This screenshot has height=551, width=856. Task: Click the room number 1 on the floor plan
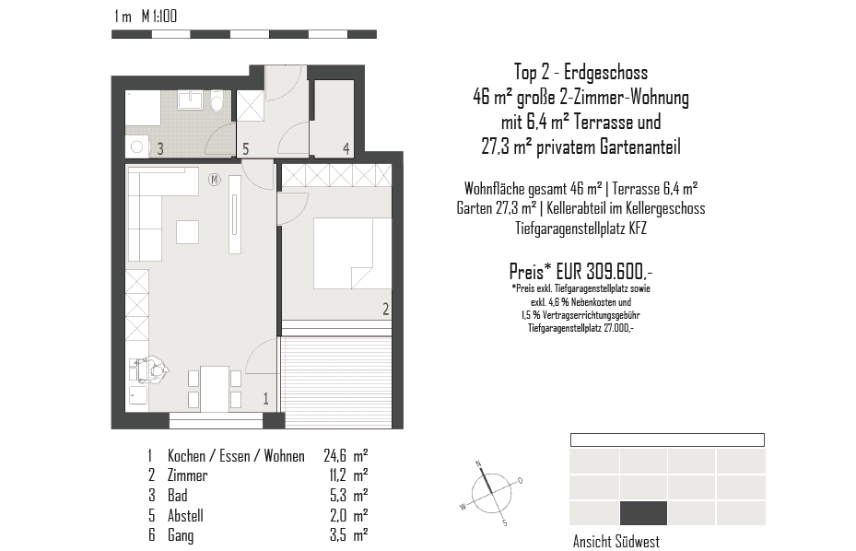tap(266, 399)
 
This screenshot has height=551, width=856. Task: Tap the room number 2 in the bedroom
tap(385, 309)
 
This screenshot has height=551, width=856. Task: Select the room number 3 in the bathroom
tap(159, 147)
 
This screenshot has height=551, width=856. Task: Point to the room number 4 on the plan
tap(346, 147)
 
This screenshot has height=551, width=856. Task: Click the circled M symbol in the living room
tap(214, 179)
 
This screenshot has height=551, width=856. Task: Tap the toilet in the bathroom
tap(217, 100)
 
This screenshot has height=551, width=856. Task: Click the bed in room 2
tap(344, 253)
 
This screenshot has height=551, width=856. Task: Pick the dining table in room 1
tap(215, 388)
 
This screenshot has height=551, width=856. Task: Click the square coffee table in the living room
tap(187, 231)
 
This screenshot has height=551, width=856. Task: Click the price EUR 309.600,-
tap(580, 272)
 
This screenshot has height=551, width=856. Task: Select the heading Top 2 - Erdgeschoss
tap(580, 72)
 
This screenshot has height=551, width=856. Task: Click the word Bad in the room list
tap(177, 496)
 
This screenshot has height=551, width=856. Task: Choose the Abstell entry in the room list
tap(185, 515)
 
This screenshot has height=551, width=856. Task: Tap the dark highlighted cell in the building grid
tap(643, 512)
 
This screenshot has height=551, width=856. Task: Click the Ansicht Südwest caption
tap(616, 542)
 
